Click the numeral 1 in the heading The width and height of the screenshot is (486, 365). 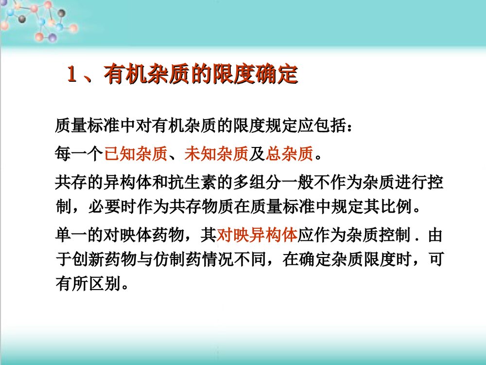(72, 75)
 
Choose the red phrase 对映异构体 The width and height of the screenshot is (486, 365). (257, 235)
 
